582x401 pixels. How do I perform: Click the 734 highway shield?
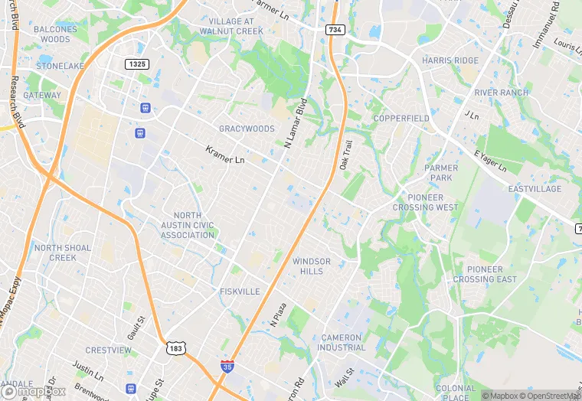335,30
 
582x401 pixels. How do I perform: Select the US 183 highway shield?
176,348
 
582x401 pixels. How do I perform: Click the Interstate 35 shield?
227,367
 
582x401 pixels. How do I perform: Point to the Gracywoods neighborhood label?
247,129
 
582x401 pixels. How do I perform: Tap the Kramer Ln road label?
225,155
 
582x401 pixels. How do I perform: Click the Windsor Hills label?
312,266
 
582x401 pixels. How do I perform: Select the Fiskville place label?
240,292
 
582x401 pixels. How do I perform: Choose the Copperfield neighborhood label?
401,119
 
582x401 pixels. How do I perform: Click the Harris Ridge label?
450,60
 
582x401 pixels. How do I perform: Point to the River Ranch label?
502,93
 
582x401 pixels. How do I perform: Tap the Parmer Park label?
441,173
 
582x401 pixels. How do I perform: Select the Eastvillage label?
535,189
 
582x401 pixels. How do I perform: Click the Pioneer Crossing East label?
485,274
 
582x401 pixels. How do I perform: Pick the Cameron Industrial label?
344,342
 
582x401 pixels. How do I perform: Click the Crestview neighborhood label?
108,350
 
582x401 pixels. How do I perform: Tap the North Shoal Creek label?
63,253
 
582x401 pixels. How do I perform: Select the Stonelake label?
60,66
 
